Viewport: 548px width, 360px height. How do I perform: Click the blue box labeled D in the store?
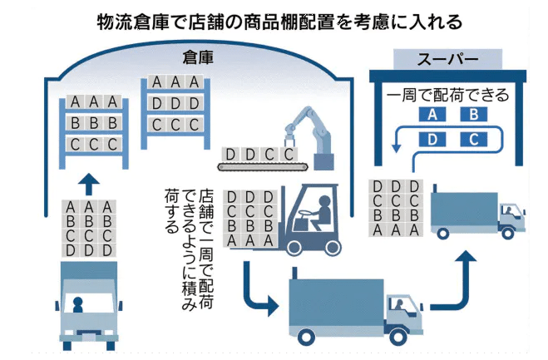click(432, 139)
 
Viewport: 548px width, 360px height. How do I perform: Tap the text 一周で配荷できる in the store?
click(448, 95)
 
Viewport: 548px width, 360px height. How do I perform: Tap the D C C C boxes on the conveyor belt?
click(259, 154)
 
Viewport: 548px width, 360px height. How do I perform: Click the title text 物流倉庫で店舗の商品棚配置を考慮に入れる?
click(274, 18)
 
